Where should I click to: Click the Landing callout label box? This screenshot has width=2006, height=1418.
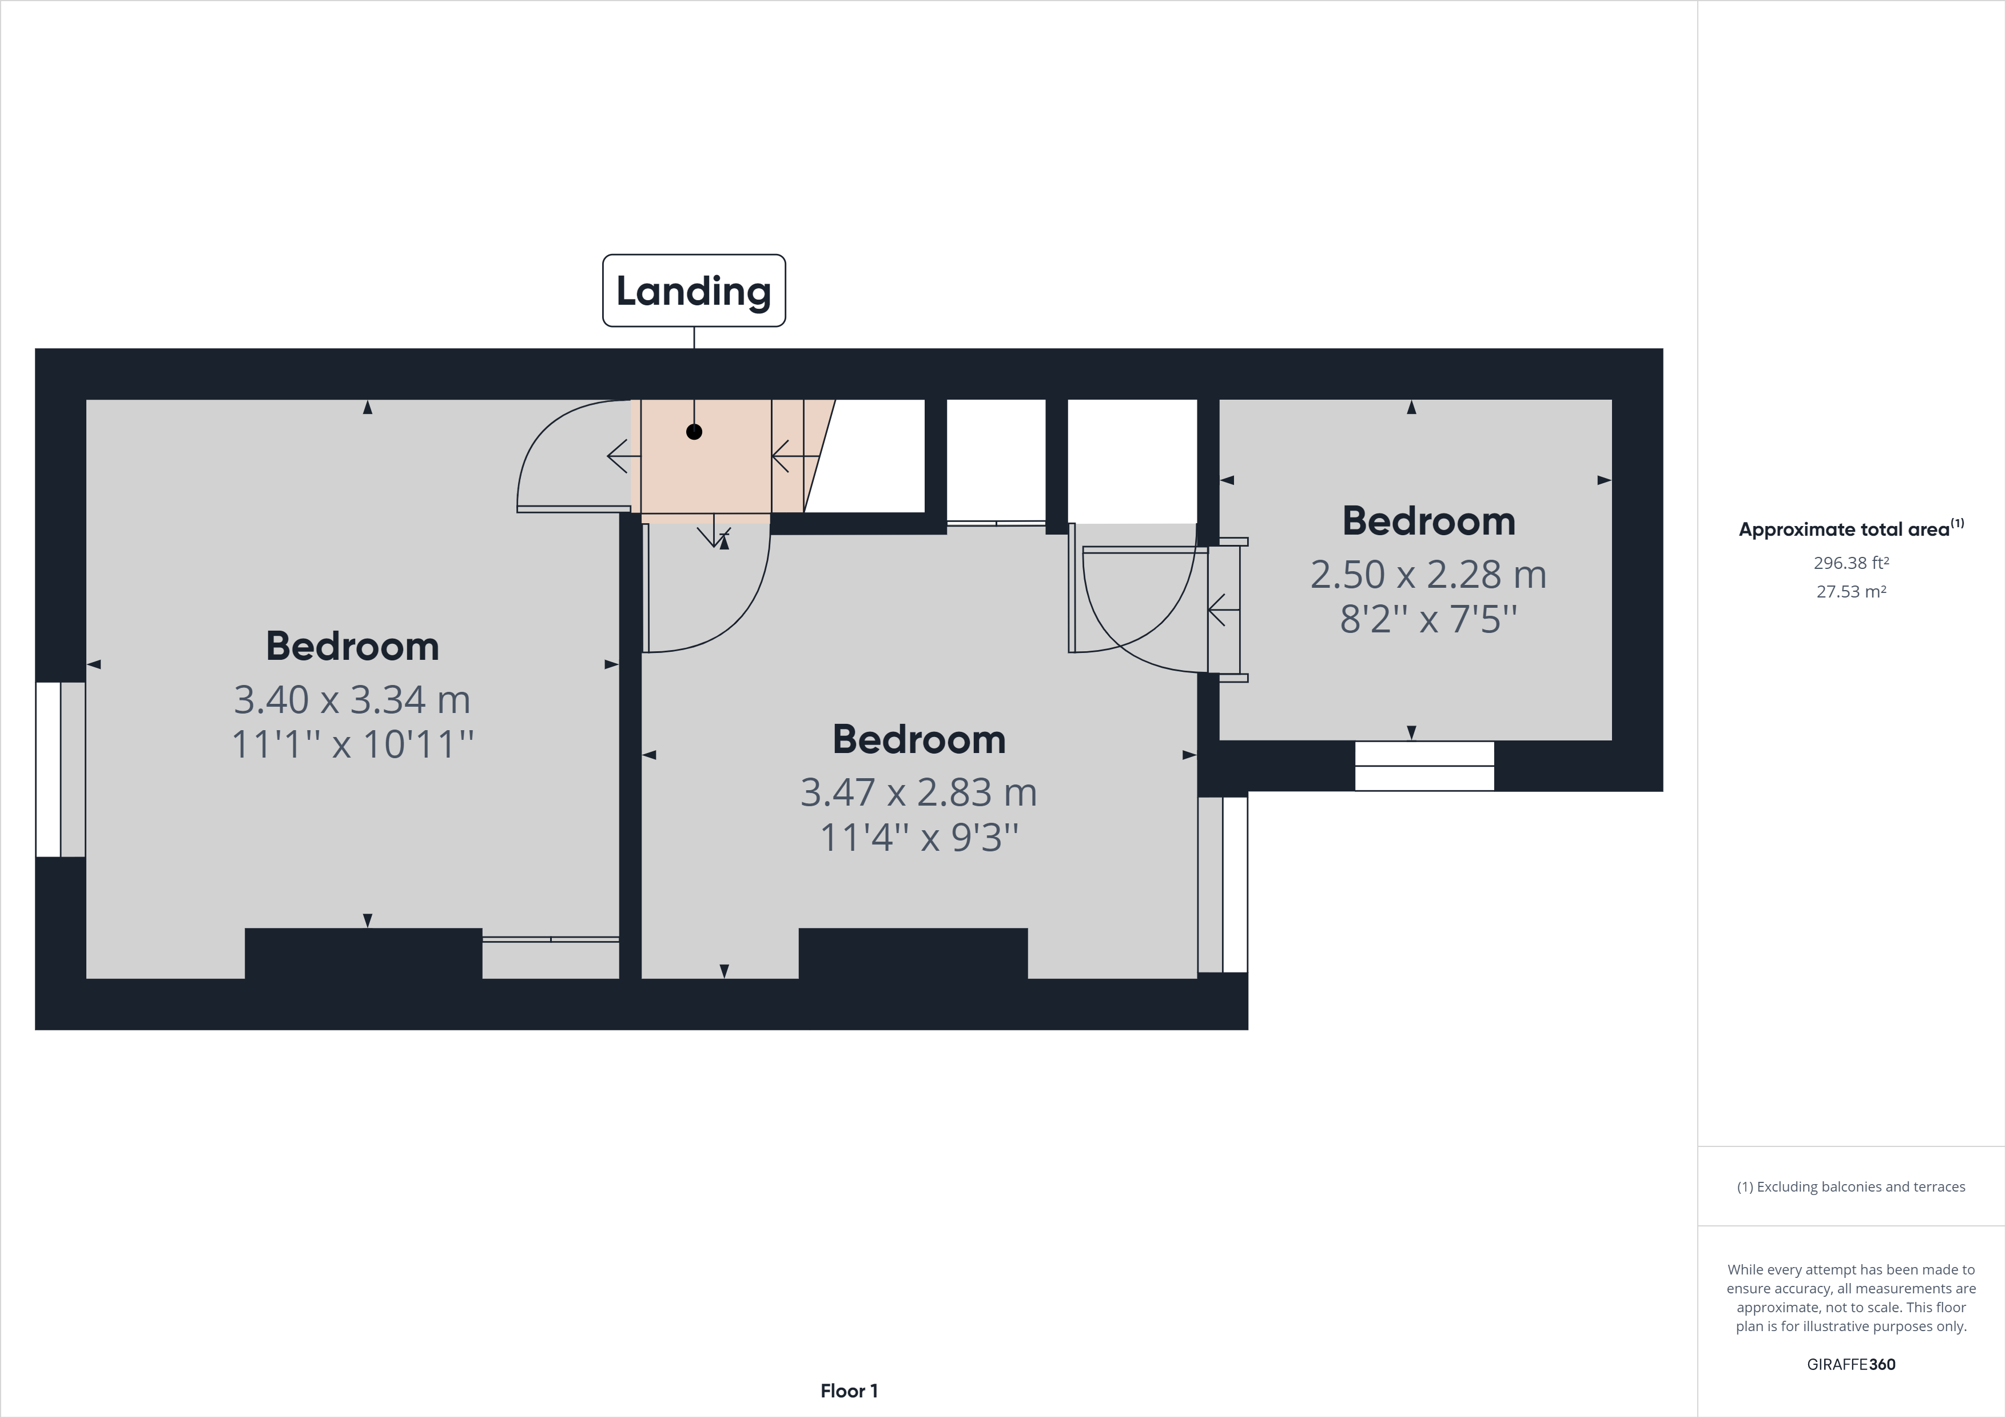694,291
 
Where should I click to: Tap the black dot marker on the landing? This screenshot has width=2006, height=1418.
694,432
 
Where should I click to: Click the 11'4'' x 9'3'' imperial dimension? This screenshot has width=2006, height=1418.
919,837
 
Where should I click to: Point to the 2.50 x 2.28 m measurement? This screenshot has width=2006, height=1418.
1428,574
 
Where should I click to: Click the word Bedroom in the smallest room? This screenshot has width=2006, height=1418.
1428,521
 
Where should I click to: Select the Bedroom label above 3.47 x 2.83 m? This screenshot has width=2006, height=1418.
919,739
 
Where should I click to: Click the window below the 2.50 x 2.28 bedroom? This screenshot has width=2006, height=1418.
1424,766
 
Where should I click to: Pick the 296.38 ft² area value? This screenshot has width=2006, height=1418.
1850,563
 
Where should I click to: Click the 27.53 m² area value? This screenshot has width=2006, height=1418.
1850,591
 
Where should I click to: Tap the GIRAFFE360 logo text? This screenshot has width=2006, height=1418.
1850,1364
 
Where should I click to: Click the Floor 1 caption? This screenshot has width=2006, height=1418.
849,1391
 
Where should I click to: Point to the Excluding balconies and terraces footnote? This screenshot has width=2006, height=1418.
1850,1186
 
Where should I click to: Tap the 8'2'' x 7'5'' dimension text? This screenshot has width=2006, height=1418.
1428,619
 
